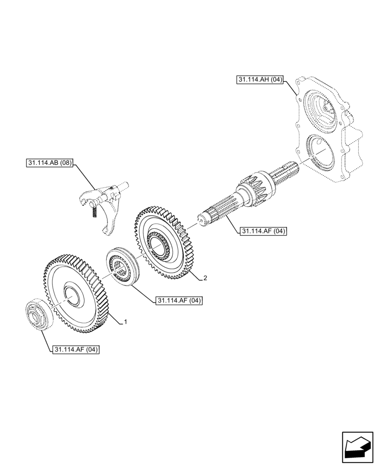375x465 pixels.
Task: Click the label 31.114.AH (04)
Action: point(260,80)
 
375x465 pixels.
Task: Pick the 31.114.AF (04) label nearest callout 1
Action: point(179,301)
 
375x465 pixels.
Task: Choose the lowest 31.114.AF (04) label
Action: point(76,350)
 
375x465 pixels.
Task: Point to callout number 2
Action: point(204,279)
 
